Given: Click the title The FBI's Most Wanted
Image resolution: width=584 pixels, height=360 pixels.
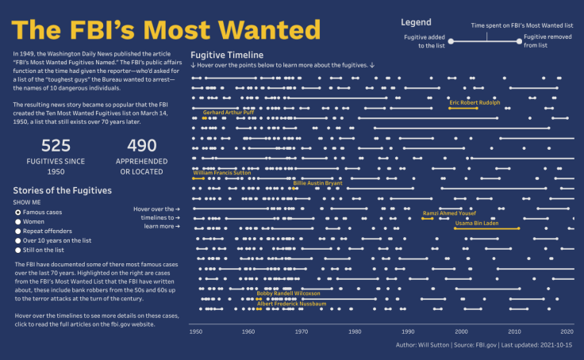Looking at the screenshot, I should [x=167, y=30].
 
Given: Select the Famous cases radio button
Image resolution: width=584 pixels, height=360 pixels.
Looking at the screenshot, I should [x=18, y=213].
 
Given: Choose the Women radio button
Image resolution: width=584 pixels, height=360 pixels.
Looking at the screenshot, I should [x=18, y=222].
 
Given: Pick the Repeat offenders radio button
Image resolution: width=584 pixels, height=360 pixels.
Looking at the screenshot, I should [x=18, y=231].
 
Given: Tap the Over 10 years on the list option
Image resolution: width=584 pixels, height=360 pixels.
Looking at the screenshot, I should [x=18, y=240].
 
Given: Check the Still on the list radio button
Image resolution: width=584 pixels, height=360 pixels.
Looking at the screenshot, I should [x=18, y=250].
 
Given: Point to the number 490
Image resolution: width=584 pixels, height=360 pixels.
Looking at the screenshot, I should [x=142, y=146].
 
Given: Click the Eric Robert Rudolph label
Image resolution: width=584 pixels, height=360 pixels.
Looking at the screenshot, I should [x=474, y=102].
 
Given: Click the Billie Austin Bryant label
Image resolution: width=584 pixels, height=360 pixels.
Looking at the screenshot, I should [x=317, y=183].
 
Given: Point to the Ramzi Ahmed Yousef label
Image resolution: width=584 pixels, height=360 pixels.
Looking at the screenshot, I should [x=449, y=213].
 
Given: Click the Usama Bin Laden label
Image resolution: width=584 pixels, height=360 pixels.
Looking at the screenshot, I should [x=487, y=223].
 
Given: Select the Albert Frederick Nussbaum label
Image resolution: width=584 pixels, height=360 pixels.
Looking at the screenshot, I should [x=292, y=303].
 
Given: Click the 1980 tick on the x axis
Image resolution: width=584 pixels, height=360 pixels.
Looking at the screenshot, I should [x=355, y=331].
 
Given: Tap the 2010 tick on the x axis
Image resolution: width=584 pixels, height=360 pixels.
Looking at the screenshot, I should [x=514, y=331].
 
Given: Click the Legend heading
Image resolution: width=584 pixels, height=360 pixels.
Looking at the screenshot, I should [x=416, y=22].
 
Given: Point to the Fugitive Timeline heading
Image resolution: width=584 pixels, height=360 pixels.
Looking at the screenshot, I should [x=221, y=55].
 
